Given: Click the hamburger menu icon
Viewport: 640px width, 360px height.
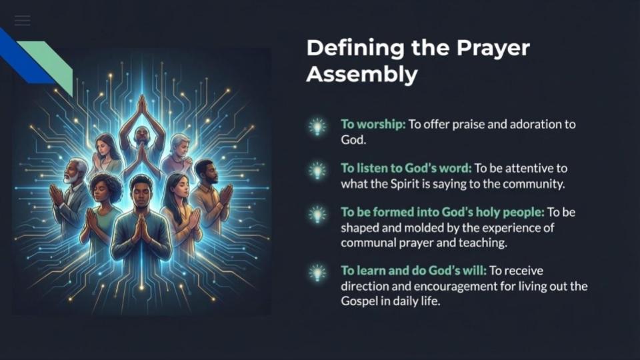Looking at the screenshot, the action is pyautogui.click(x=22, y=21).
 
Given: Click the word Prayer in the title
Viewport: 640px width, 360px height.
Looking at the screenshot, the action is pyautogui.click(x=493, y=48).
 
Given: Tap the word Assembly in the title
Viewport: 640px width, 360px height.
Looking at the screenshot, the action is pyautogui.click(x=362, y=74).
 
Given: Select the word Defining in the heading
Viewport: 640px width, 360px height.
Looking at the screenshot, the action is pyautogui.click(x=355, y=48).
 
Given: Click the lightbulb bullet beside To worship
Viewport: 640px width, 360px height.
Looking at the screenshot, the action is pyautogui.click(x=317, y=127).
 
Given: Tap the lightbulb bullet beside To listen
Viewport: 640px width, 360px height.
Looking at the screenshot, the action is pyautogui.click(x=317, y=171).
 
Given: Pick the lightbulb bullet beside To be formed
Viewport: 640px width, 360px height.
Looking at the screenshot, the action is pyautogui.click(x=317, y=215).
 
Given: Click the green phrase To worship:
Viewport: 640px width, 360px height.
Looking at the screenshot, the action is pyautogui.click(x=373, y=124).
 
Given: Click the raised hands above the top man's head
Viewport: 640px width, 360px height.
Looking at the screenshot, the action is pyautogui.click(x=141, y=105).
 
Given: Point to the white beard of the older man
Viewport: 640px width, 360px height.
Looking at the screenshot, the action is pyautogui.click(x=72, y=178).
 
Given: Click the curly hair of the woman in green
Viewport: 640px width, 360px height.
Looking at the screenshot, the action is pyautogui.click(x=106, y=186).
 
